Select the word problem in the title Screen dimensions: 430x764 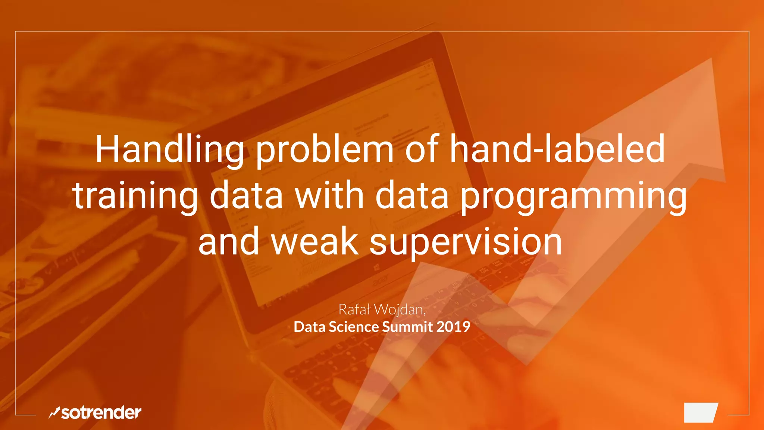(325, 150)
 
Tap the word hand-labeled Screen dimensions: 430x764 (557, 149)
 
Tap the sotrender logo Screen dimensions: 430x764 (95, 412)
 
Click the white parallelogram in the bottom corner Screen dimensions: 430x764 (701, 412)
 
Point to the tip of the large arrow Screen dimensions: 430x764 (711, 60)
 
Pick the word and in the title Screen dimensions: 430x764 (229, 242)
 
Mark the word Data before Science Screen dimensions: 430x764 (309, 327)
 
